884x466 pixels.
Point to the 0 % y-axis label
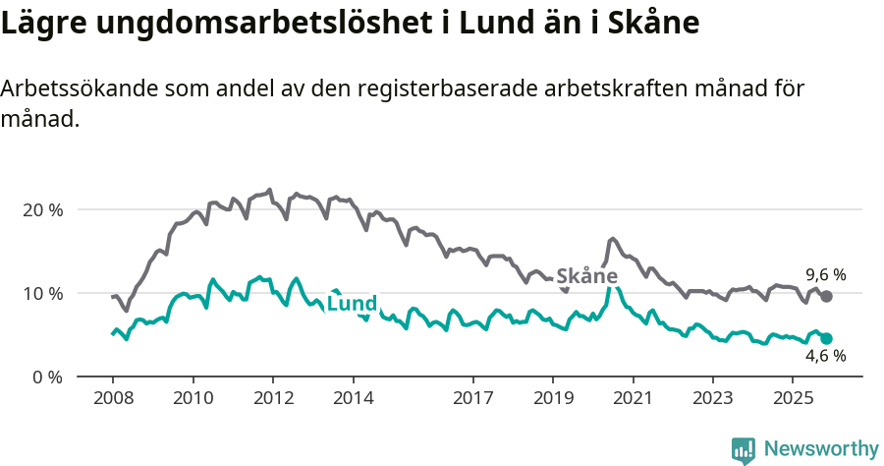point(47,377)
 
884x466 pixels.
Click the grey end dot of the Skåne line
point(826,296)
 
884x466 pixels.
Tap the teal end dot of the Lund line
point(826,338)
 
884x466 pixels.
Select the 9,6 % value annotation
point(826,275)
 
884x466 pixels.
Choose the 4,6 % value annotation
point(826,357)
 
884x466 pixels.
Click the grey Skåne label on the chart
point(586,276)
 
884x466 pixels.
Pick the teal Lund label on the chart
point(352,304)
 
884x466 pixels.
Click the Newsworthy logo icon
point(744,450)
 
